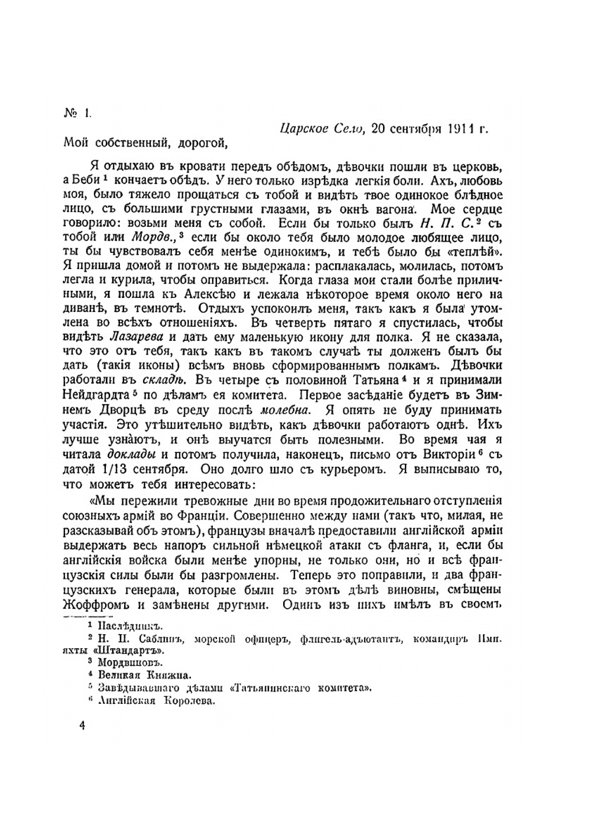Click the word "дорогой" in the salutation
(199, 142)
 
